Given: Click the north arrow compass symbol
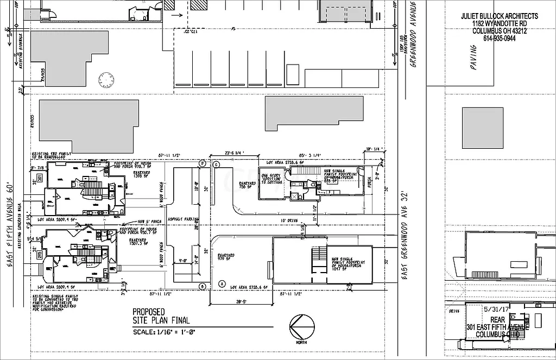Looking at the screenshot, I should (x=302, y=327).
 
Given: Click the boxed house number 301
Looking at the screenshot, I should (x=40, y=179).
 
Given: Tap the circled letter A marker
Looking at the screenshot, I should (x=222, y=283).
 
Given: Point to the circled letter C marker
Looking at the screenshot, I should (x=216, y=164).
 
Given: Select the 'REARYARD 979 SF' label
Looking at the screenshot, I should (x=225, y=257).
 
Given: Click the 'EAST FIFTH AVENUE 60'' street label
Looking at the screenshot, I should (x=10, y=223).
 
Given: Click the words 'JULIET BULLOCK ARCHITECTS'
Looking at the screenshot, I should (x=499, y=16).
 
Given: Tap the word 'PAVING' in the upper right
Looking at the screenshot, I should (x=473, y=55).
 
